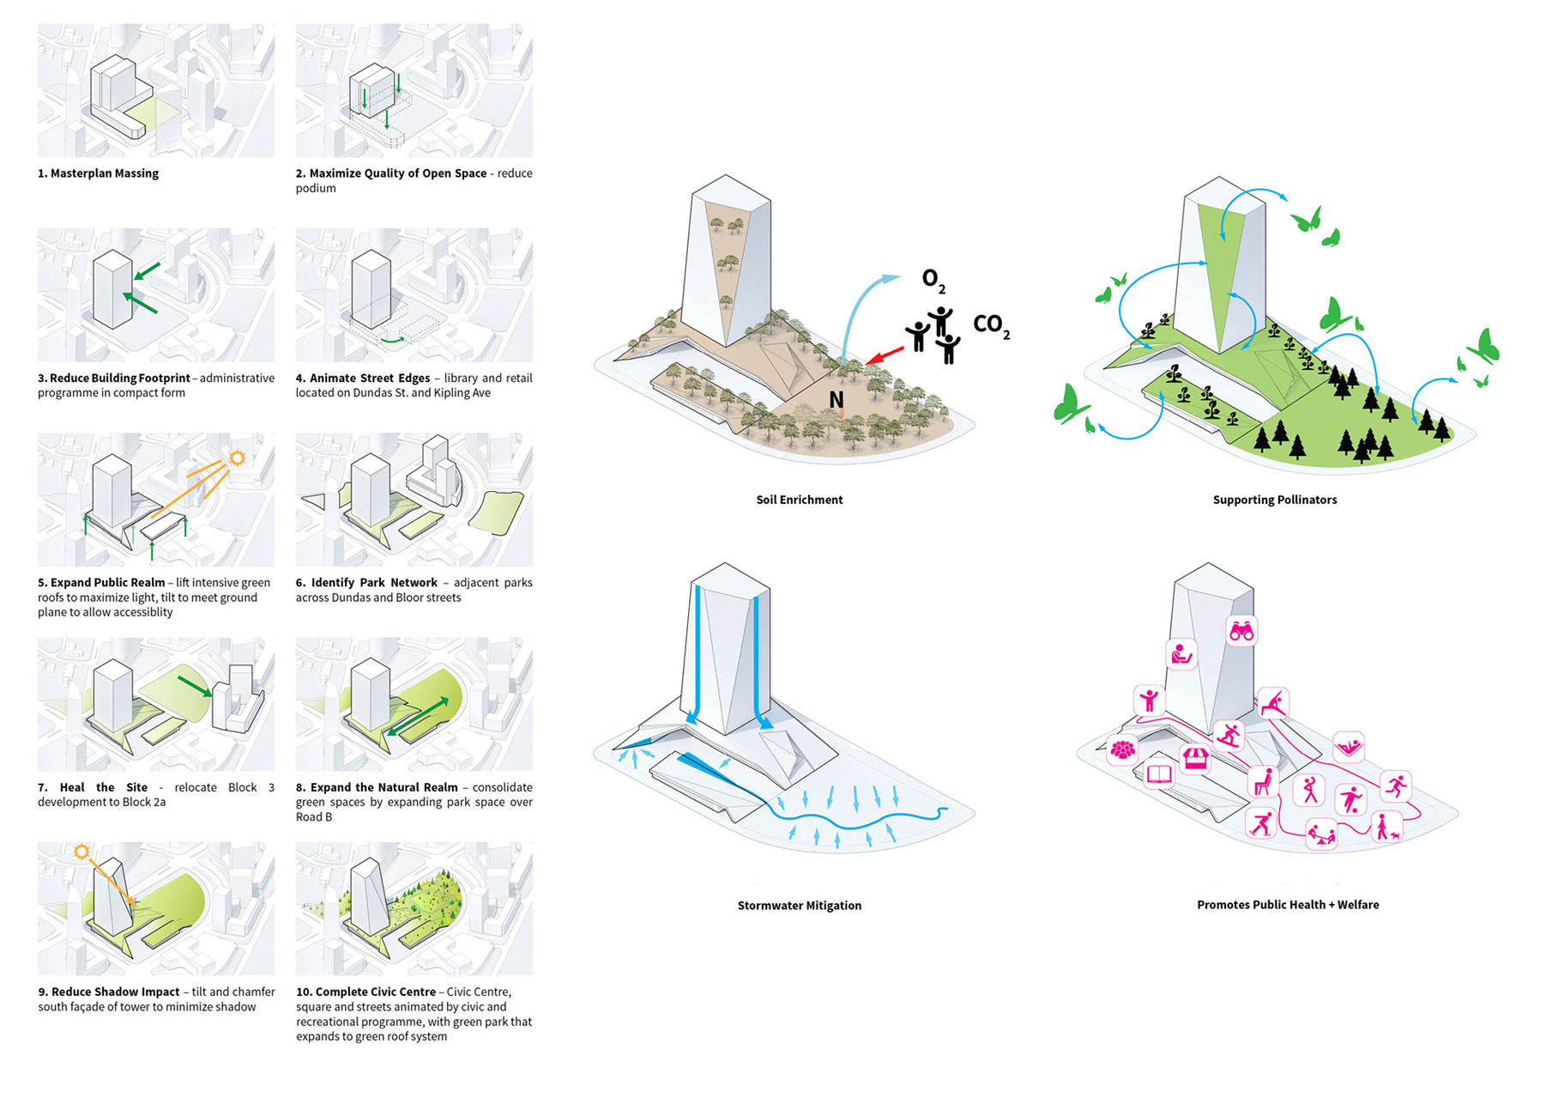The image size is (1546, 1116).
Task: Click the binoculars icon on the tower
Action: click(x=1241, y=631)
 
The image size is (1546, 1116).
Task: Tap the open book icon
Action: click(x=1159, y=774)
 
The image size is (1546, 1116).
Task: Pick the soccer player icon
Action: click(x=1351, y=799)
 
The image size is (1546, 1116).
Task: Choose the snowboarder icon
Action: click(x=1229, y=736)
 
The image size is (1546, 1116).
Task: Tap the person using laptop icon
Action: click(x=1181, y=655)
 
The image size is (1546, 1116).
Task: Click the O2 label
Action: click(x=933, y=280)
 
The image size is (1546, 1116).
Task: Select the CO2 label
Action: click(x=991, y=325)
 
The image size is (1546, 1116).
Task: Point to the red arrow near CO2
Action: click(x=885, y=355)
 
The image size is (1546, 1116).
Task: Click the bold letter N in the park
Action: click(x=836, y=400)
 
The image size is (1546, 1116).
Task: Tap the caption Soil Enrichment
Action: click(x=799, y=500)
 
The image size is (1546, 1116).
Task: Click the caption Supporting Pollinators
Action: click(x=1274, y=500)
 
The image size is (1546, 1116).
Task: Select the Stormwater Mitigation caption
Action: click(x=799, y=906)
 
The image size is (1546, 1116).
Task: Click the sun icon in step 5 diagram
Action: click(x=237, y=458)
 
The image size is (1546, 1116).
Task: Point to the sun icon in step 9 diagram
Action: click(x=82, y=852)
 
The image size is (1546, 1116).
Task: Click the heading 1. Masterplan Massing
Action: click(x=98, y=173)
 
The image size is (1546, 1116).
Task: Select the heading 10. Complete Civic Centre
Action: click(x=366, y=992)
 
